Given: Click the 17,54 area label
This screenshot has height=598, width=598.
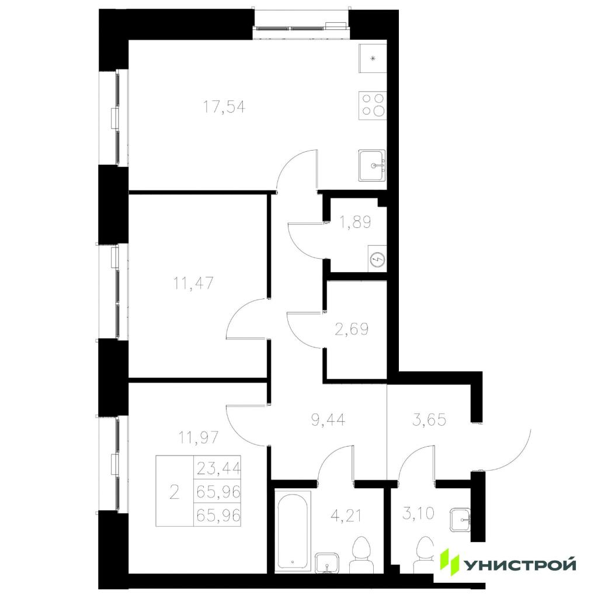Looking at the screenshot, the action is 224,107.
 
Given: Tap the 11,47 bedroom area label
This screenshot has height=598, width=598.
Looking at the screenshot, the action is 194,283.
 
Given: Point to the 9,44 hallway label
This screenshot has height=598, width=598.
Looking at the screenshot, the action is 328,419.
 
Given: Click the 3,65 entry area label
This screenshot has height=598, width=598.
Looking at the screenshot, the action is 429,419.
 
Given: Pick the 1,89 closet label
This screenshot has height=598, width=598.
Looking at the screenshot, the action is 356,221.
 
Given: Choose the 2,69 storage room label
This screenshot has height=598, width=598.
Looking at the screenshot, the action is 352,329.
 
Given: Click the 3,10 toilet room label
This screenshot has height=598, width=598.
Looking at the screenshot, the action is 418,513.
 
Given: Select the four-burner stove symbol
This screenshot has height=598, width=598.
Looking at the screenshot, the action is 372,105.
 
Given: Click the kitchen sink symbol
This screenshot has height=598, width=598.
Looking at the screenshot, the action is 372,165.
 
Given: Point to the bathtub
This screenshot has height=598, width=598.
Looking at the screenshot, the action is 293,530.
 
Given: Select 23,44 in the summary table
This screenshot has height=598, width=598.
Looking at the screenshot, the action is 218,468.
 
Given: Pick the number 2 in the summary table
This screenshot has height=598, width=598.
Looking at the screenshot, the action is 174,492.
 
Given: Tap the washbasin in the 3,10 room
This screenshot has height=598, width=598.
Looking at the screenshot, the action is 460,519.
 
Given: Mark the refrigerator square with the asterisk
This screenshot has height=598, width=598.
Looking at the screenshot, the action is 373,58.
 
